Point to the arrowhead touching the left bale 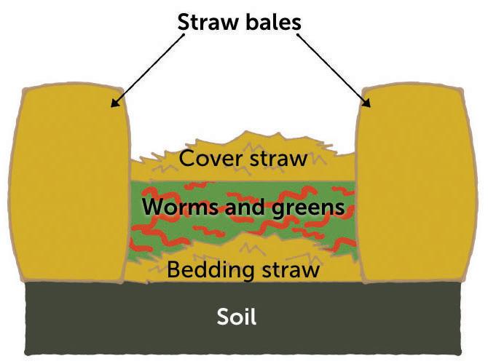point(115,104)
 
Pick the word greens point(307,208)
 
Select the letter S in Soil point(222,317)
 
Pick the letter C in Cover point(186,158)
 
